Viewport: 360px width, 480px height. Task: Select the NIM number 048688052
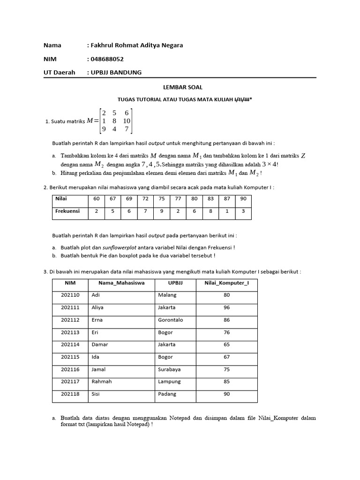coord(107,59)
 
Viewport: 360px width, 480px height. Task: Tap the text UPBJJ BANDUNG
coord(116,72)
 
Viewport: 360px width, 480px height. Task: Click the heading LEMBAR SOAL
coord(180,87)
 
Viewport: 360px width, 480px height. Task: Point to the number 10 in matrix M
coord(127,120)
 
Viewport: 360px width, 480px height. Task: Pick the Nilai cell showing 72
coord(145,199)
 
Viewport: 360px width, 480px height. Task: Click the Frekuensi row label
coord(67,211)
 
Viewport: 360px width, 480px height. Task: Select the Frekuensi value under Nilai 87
coord(226,211)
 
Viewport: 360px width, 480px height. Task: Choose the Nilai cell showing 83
coord(210,199)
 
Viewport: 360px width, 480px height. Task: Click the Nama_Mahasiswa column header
coord(121,283)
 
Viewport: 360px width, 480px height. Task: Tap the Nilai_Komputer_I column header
coord(226,283)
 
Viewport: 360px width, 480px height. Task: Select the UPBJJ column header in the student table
coord(175,283)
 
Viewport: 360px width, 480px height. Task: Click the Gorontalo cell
coord(171,320)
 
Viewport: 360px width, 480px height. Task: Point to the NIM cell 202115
coord(70,357)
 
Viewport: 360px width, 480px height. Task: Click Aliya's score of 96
coord(226,307)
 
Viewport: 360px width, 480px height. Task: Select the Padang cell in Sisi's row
coord(167,394)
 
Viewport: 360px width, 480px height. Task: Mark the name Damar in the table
coord(100,345)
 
